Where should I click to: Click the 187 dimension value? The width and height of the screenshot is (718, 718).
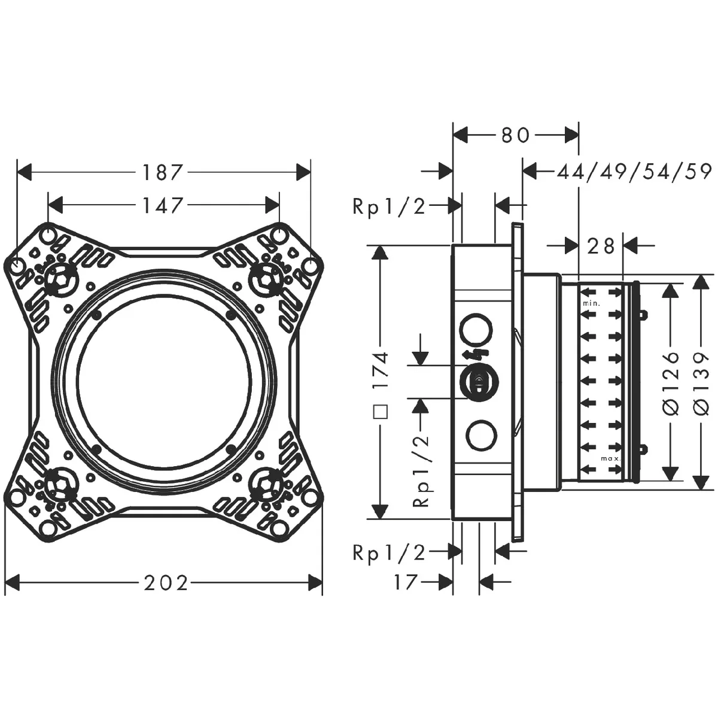163,173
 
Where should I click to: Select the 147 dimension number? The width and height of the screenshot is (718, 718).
163,205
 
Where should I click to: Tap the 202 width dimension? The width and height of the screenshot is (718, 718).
166,583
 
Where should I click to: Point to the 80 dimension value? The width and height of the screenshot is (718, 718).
515,135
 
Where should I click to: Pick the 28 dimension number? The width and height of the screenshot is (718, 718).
601,245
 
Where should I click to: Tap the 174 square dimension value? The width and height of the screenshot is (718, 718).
380,370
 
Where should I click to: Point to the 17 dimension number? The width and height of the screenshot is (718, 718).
405,582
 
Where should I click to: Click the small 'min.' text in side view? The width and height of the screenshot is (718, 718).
591,304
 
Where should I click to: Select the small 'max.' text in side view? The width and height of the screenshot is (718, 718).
611,458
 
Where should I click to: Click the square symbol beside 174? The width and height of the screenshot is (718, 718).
380,412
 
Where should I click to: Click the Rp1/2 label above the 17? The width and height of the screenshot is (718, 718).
389,553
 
